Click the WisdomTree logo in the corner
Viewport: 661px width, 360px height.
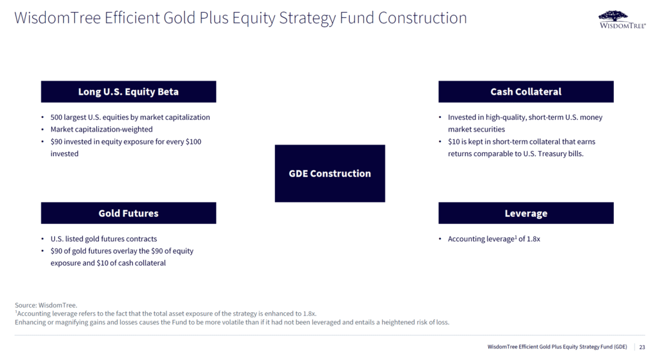622,20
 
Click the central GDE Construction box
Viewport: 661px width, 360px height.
330,174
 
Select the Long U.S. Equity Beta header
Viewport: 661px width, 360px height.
128,92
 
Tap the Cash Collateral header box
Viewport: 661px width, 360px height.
525,92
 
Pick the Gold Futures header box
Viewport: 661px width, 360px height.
128,213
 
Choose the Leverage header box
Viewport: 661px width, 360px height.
525,213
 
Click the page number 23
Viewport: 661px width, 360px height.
642,347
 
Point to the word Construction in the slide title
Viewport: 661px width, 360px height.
422,18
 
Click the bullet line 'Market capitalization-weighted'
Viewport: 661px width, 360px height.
101,130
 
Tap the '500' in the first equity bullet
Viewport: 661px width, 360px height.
56,117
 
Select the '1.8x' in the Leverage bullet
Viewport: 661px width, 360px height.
534,239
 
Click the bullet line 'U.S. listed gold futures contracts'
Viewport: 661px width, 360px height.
104,239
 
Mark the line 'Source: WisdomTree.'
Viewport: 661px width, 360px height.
46,305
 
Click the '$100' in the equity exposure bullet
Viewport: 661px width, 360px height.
194,142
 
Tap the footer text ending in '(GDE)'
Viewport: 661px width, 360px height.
557,347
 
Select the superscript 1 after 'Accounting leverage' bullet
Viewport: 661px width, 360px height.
516,237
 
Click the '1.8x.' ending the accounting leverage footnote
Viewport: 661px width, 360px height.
309,314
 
